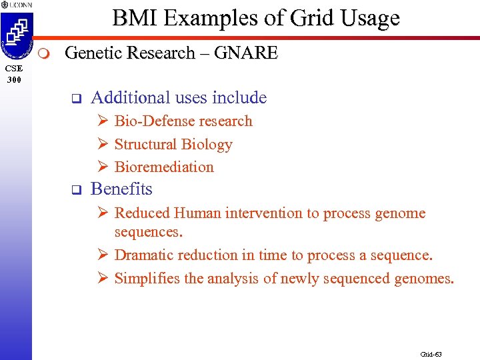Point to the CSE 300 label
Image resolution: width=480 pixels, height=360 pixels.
coord(15,74)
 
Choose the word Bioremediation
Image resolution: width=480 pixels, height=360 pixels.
coord(164,167)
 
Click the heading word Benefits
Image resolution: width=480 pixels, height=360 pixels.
coord(121,189)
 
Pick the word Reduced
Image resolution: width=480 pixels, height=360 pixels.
coord(142,213)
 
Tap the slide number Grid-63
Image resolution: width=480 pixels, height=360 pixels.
coord(431,354)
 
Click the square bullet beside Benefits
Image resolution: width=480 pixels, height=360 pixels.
coord(75,191)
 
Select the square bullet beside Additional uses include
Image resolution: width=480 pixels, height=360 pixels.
coord(75,99)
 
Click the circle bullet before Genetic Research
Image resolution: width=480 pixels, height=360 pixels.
coord(44,53)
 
